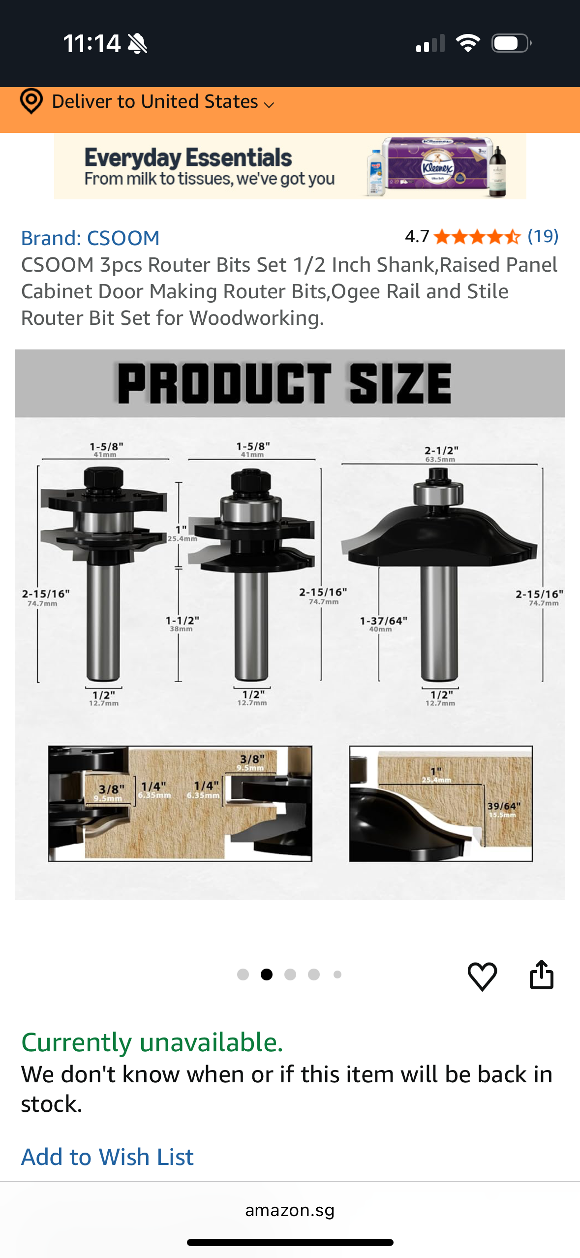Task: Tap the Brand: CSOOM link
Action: (90, 238)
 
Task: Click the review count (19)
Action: (543, 236)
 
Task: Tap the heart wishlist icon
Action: (482, 975)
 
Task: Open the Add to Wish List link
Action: (107, 1156)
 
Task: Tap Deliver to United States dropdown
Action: (162, 102)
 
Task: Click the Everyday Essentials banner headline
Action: (188, 158)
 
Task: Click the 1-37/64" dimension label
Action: (383, 623)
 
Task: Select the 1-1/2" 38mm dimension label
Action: (182, 623)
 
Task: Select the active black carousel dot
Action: (267, 975)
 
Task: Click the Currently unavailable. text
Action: (152, 1042)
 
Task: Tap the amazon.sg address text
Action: (290, 1210)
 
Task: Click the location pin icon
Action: (31, 101)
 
